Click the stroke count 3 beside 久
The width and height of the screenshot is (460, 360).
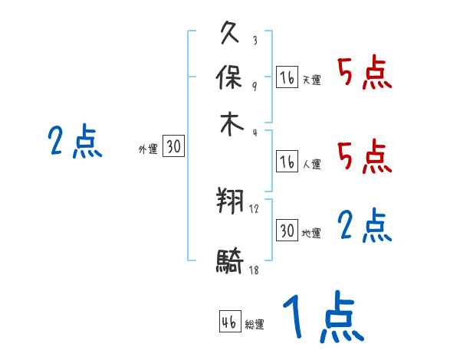(255, 41)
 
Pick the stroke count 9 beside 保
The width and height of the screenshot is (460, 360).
(255, 85)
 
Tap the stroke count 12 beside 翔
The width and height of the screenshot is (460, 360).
(255, 209)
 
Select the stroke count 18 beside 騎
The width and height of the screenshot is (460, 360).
(255, 270)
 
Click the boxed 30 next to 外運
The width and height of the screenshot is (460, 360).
(173, 147)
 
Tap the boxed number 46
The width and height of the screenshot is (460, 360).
(229, 322)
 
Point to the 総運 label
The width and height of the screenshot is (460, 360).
(255, 325)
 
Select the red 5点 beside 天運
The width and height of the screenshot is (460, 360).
(364, 74)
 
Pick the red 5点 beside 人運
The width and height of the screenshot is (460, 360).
(364, 157)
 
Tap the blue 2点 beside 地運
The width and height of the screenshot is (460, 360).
(364, 227)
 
